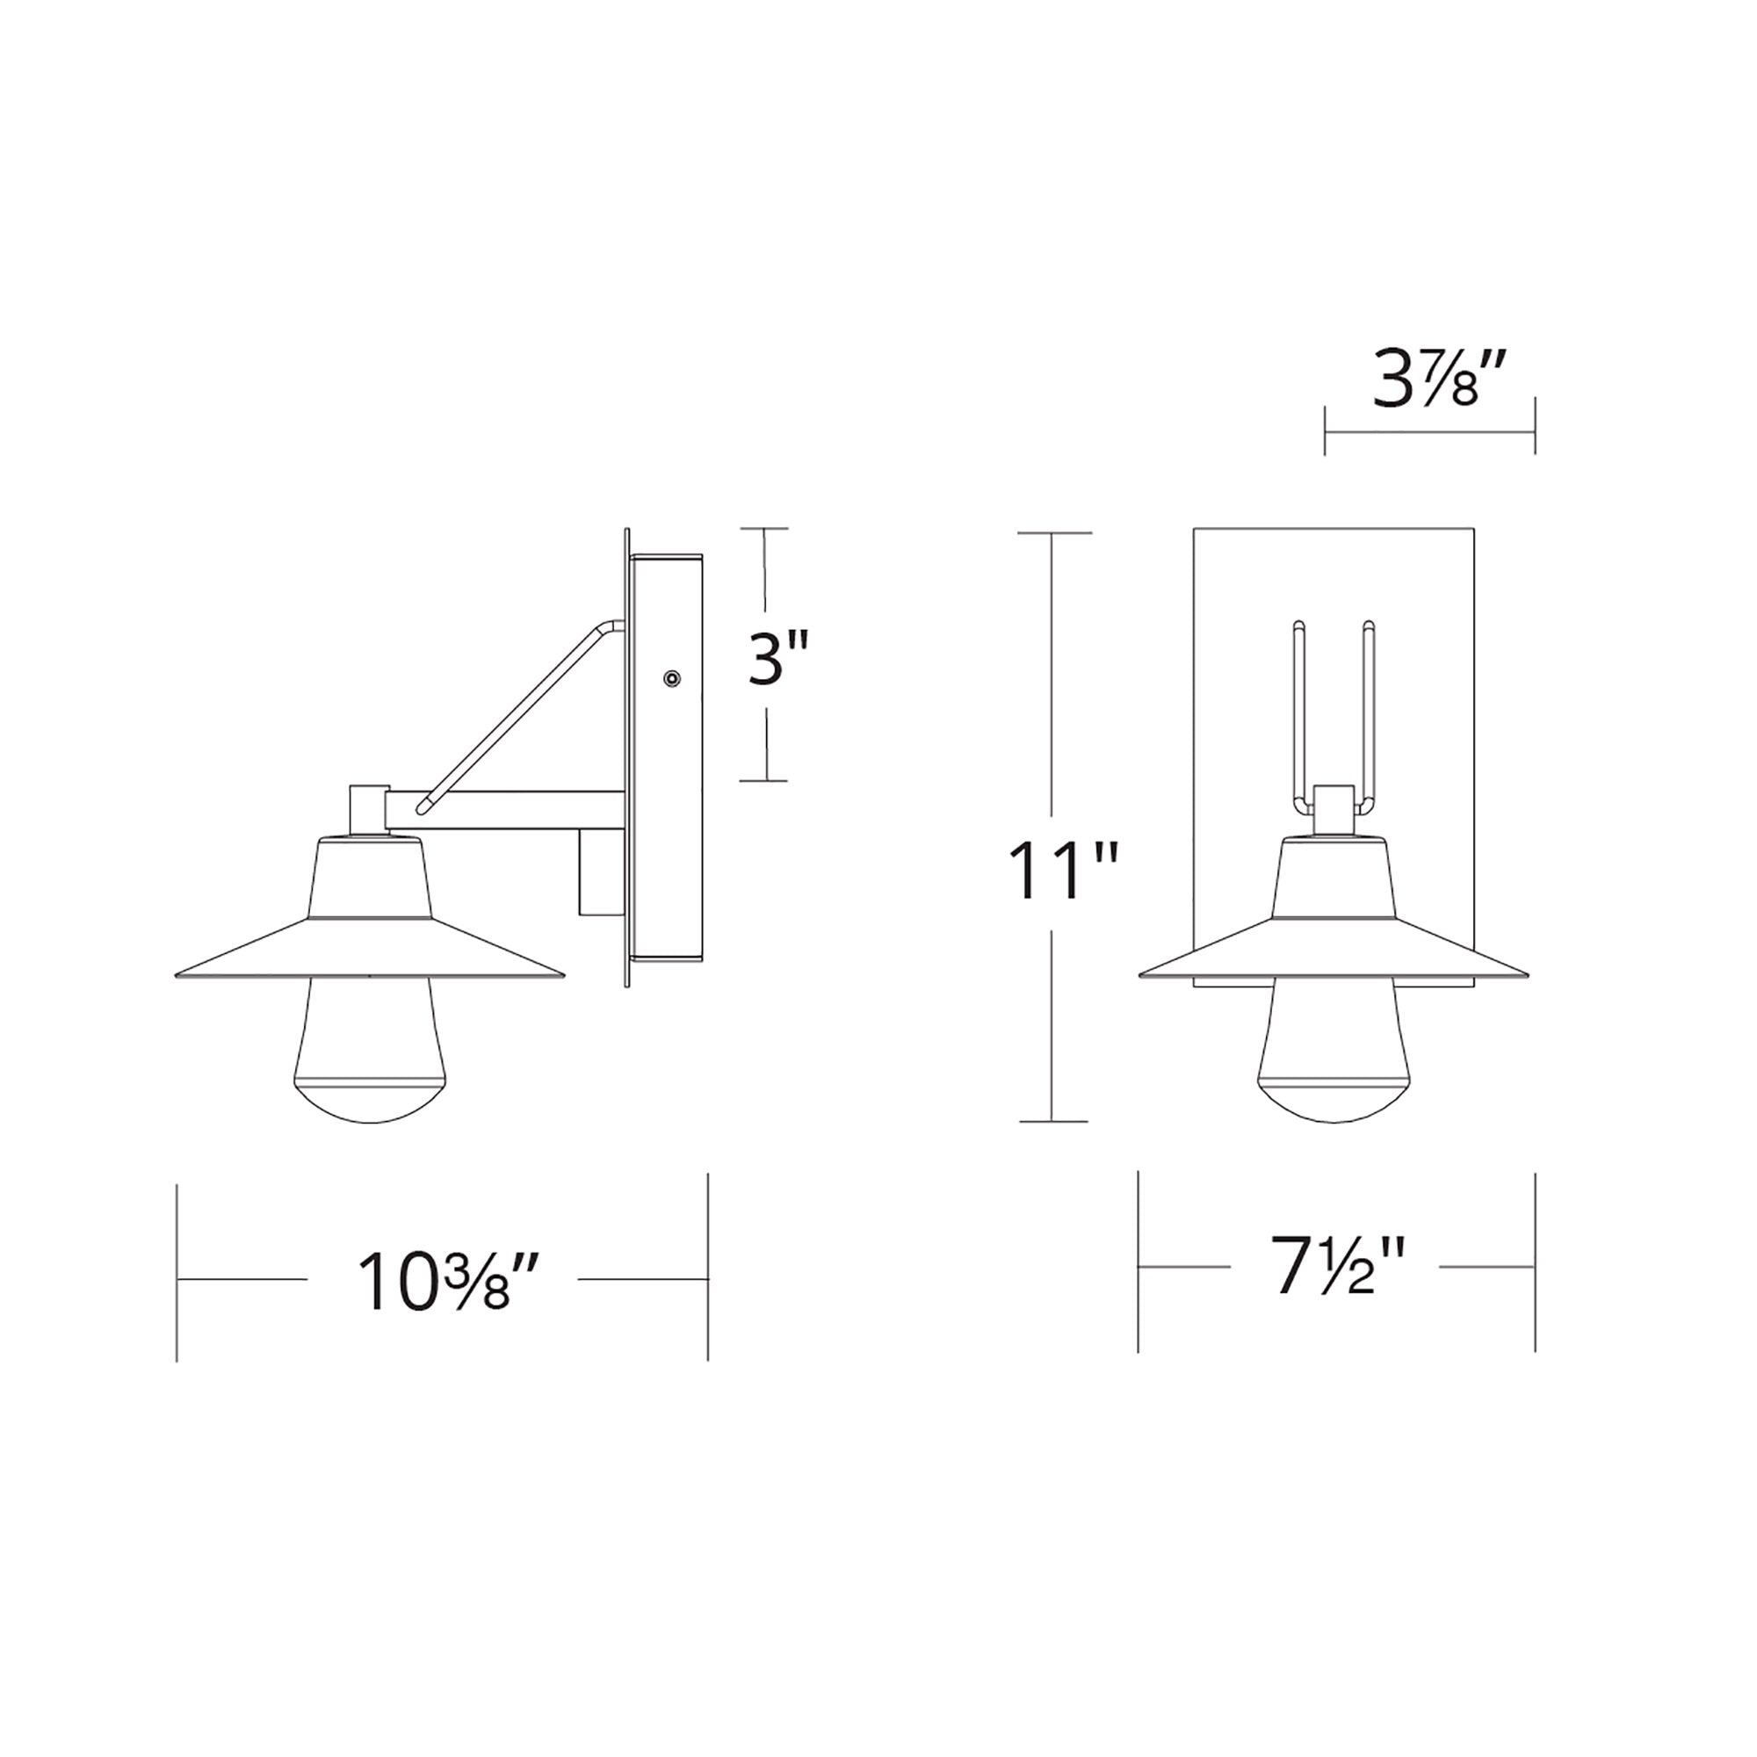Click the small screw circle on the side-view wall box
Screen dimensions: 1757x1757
point(672,678)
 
